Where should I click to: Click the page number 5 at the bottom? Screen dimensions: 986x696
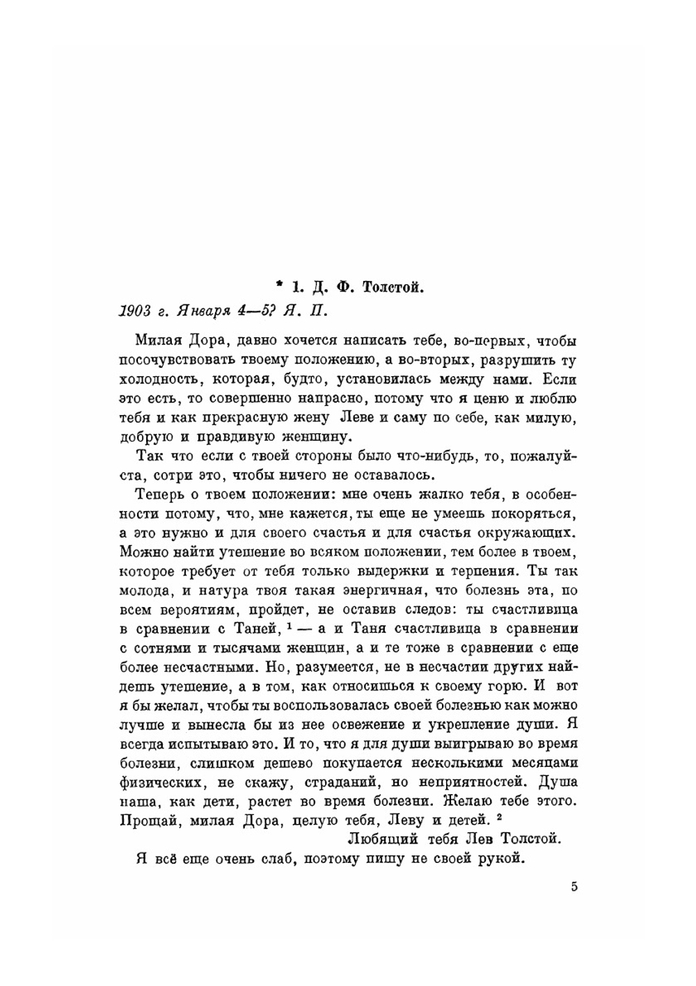coord(574,887)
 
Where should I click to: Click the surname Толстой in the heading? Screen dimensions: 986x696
coord(392,286)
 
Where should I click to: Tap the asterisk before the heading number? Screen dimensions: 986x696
coord(279,284)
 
